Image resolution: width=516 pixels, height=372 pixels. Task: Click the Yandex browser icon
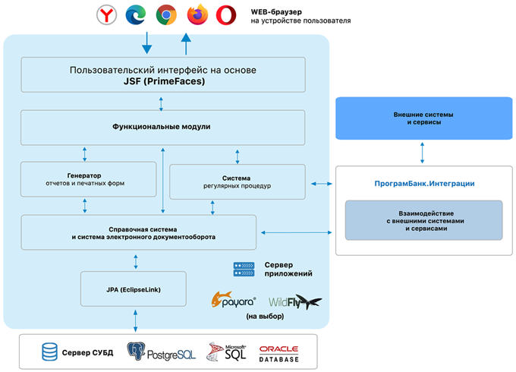(107, 15)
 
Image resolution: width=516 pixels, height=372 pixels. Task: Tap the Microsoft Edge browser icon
(136, 15)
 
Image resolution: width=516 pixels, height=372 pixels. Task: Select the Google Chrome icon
(166, 15)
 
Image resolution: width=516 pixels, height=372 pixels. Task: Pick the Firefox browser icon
(197, 14)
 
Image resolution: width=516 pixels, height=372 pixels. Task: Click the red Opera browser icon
(226, 15)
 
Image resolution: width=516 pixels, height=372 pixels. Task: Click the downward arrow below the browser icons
(146, 43)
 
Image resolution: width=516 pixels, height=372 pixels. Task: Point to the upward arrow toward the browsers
(186, 44)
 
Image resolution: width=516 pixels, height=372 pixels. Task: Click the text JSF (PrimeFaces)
(164, 81)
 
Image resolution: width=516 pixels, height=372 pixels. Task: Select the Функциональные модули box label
(161, 127)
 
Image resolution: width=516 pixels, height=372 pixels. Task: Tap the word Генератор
(84, 175)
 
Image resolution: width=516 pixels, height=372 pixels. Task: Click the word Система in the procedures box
(236, 178)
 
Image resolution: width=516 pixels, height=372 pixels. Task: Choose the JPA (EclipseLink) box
(134, 289)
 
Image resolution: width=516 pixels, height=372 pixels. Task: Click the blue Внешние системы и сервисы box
(424, 118)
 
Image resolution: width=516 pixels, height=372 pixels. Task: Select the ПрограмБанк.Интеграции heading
(424, 184)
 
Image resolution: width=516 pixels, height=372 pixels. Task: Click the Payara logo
(233, 300)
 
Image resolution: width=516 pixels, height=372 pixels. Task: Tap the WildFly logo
(295, 301)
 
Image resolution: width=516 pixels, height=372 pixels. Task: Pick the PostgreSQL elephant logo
(137, 351)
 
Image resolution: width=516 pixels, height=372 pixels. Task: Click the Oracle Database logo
(278, 354)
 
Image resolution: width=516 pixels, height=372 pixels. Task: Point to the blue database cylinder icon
(49, 352)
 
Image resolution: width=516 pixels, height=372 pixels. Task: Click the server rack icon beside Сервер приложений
(244, 270)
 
